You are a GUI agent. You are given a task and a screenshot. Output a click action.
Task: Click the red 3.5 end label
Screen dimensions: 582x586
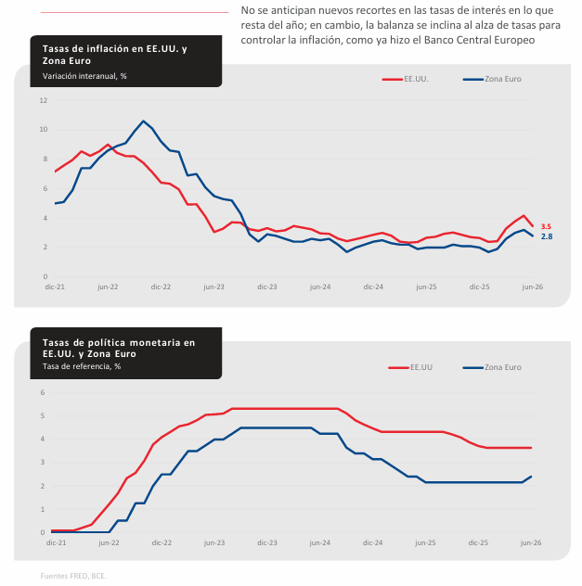(x=546, y=226)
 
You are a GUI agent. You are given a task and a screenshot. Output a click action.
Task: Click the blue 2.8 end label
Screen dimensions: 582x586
(x=547, y=236)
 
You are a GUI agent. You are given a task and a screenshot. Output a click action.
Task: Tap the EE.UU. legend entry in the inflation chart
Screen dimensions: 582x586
(x=405, y=79)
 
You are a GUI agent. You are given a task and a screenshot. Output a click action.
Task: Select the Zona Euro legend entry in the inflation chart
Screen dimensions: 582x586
(x=492, y=79)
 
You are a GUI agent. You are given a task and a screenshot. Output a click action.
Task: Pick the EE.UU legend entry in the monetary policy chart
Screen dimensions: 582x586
(x=410, y=367)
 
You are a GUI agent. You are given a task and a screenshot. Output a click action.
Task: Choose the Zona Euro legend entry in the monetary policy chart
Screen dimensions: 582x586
(x=492, y=367)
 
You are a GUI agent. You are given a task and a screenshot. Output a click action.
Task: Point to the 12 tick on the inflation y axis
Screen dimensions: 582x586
(x=44, y=100)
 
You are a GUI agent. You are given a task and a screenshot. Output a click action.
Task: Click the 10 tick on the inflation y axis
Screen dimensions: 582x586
(x=44, y=129)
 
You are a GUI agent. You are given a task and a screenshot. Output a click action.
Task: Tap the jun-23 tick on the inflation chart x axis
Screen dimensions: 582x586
(x=213, y=287)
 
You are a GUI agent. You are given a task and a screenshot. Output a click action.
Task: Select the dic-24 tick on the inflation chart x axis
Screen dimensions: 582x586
(x=373, y=287)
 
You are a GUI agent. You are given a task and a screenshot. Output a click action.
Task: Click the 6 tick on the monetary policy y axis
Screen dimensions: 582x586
(x=43, y=392)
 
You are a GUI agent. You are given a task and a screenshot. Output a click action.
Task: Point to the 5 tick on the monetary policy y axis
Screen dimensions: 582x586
(x=43, y=416)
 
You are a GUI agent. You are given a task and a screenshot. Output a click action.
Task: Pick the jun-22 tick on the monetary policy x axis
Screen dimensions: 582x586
(x=109, y=542)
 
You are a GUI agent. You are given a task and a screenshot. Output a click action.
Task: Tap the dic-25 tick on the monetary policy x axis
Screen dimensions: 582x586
(x=478, y=542)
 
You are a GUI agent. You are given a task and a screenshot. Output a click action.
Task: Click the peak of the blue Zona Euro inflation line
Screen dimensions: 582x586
(x=143, y=121)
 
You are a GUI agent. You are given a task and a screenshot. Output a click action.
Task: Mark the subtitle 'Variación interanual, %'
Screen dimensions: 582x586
(x=84, y=76)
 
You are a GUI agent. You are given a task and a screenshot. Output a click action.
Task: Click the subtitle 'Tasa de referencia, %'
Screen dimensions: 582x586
(x=82, y=366)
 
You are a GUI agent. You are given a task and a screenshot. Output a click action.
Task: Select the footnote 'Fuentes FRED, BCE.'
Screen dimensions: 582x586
(x=73, y=576)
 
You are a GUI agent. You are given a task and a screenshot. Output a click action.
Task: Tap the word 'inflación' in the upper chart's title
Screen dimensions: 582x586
(x=108, y=48)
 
